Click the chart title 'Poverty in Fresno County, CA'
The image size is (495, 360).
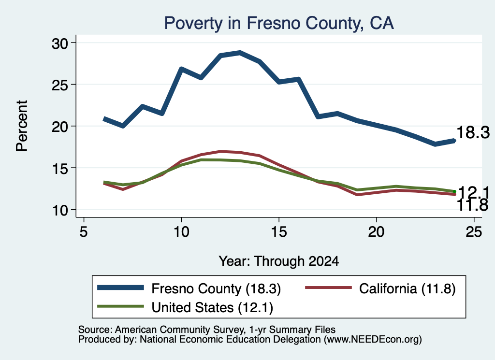point(279,23)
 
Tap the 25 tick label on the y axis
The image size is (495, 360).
point(59,85)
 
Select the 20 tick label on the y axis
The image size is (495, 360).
point(59,127)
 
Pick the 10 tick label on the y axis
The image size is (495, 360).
point(59,210)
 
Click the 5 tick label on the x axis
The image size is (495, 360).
point(83,232)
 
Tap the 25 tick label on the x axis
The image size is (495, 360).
point(474,232)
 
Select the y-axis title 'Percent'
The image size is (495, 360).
point(22,126)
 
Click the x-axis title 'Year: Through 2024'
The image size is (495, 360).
point(279,261)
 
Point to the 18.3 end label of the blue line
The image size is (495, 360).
point(473,132)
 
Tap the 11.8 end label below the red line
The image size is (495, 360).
point(473,205)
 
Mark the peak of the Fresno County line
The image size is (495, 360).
point(240,52)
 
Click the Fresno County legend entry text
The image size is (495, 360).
point(216,289)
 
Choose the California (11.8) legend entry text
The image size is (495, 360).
point(407,289)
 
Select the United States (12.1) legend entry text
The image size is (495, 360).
point(213,308)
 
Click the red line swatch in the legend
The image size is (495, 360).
point(328,288)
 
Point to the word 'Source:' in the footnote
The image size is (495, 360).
point(95,330)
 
